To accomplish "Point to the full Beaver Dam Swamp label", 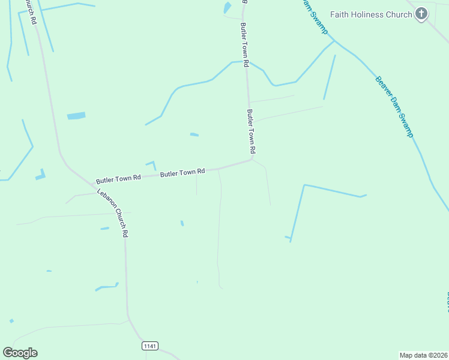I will (x=394, y=107).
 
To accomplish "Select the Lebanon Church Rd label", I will (x=112, y=213).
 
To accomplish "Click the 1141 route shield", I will (x=150, y=346).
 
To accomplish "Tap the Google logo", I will (x=20, y=353).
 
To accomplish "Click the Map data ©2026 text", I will (x=424, y=355).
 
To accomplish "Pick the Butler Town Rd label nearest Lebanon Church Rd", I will (x=118, y=179).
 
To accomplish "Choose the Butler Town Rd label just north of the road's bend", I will (x=252, y=131).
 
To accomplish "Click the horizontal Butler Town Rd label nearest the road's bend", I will (x=182, y=173).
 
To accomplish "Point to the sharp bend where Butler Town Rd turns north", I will (x=252, y=160).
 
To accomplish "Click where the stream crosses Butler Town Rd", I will (x=245, y=62).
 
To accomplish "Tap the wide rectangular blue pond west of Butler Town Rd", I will (x=76, y=116).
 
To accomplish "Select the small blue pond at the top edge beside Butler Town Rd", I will (x=228, y=8).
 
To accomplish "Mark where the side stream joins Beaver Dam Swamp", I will (x=334, y=41).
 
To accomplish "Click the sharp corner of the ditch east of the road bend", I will (x=304, y=185).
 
